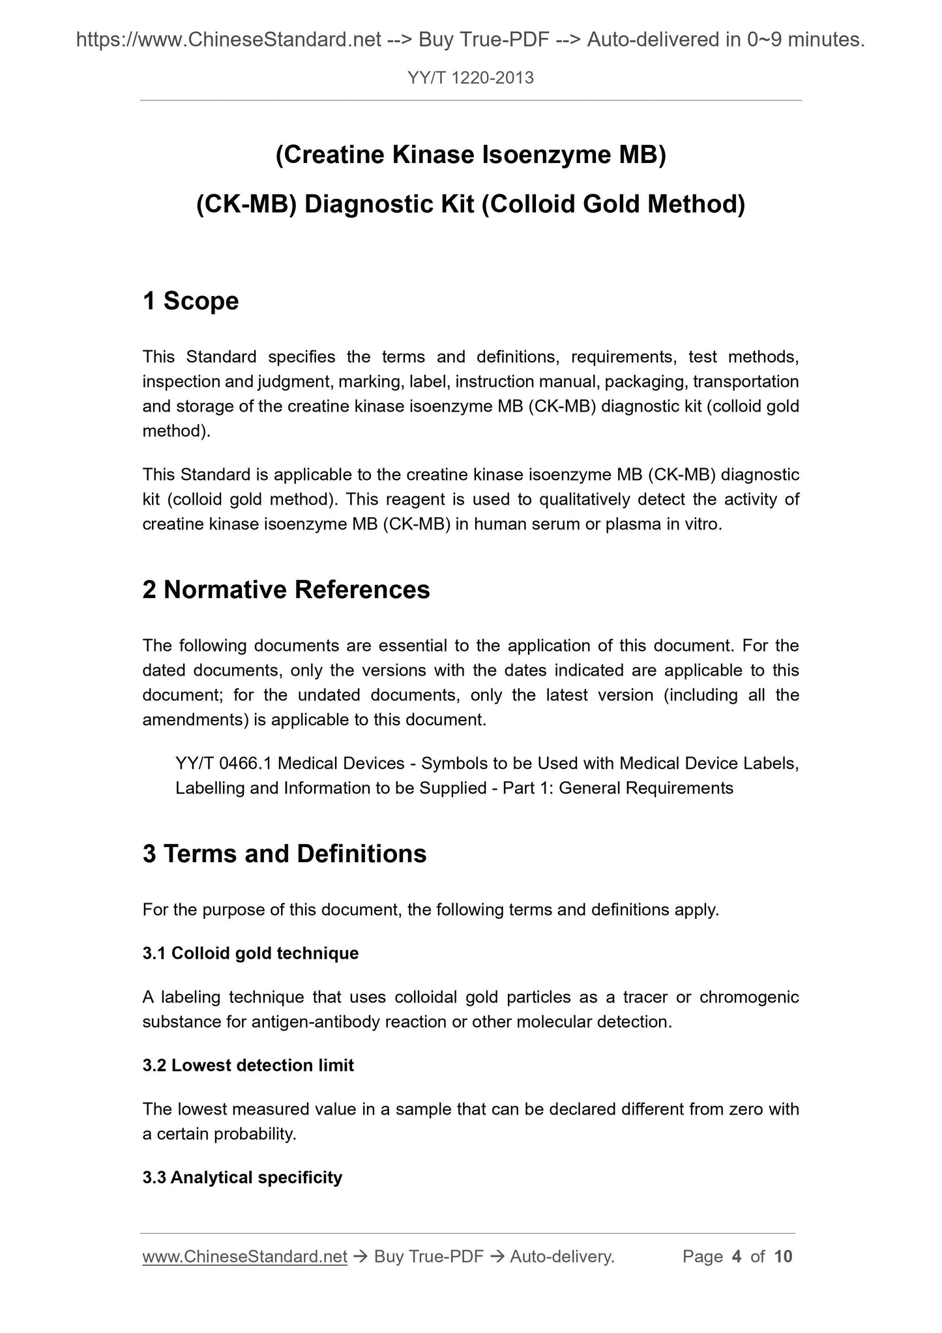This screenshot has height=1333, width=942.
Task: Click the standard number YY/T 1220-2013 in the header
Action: [x=471, y=78]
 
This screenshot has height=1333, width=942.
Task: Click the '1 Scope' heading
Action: [x=190, y=301]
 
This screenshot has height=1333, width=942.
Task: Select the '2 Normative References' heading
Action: [x=286, y=590]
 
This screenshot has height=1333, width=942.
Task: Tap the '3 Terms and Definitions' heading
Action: [x=284, y=854]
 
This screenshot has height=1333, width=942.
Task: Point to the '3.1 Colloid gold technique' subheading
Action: [x=250, y=953]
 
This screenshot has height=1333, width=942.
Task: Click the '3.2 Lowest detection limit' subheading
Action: [x=248, y=1066]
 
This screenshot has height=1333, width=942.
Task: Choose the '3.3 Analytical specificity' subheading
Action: [x=242, y=1178]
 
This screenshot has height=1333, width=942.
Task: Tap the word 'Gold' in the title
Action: [x=610, y=205]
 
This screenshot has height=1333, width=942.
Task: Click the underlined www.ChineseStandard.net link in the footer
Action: [x=244, y=1257]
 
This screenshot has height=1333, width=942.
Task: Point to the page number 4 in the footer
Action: [x=737, y=1257]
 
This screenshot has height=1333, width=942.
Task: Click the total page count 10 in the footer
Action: [x=783, y=1257]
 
